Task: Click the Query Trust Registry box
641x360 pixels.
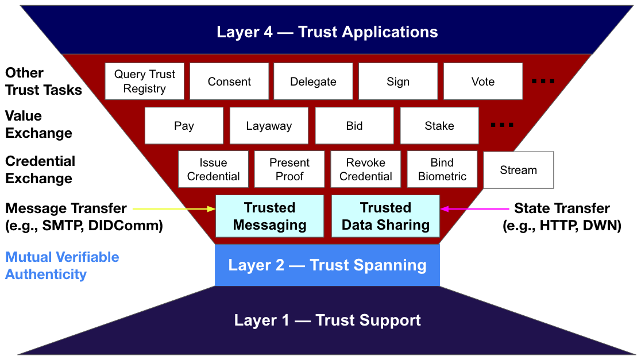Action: [144, 82]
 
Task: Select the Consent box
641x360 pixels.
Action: [229, 82]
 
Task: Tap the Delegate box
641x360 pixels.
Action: [313, 82]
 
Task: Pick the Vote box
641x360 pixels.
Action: [483, 82]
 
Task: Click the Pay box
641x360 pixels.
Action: [184, 125]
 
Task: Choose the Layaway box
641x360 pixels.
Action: [269, 125]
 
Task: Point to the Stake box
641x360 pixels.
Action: [439, 125]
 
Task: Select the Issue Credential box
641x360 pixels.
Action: [214, 169]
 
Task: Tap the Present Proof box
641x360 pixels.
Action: [289, 169]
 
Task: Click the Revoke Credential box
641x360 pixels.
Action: [365, 169]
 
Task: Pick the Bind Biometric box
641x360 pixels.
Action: [442, 169]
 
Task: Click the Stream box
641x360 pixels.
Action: [518, 170]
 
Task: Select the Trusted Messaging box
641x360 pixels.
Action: [269, 216]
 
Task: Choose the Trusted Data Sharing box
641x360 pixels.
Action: [385, 216]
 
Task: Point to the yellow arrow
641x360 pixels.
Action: [174, 209]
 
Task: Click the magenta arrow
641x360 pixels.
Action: [474, 209]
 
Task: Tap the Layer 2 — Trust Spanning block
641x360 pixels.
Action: [327, 265]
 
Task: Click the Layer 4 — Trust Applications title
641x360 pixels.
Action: [327, 32]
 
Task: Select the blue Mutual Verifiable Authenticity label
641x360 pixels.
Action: [62, 266]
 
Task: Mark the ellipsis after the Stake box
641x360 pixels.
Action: [502, 125]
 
